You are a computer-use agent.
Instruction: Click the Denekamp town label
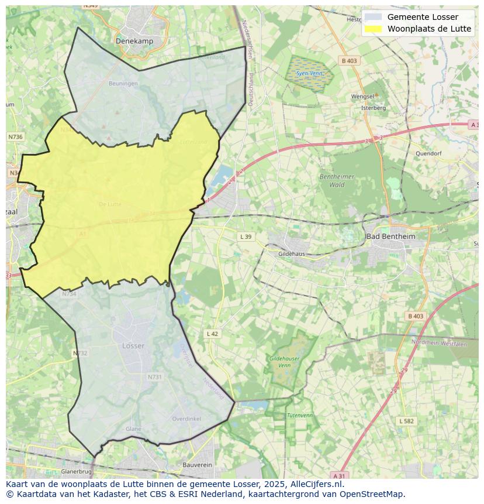pyautogui.click(x=134, y=41)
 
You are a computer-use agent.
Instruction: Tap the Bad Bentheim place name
pyautogui.click(x=390, y=236)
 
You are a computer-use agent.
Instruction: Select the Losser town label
pyautogui.click(x=133, y=346)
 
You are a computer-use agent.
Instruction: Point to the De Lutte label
pyautogui.click(x=110, y=204)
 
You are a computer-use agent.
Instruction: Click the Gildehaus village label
pyautogui.click(x=292, y=254)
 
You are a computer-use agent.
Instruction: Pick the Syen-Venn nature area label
pyautogui.click(x=309, y=74)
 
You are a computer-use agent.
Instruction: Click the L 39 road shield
pyautogui.click(x=246, y=236)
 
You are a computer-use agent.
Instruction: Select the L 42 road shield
pyautogui.click(x=212, y=334)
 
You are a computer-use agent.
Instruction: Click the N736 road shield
pyautogui.click(x=15, y=136)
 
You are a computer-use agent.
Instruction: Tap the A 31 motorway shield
pyautogui.click(x=340, y=475)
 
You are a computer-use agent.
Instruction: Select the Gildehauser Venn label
pyautogui.click(x=284, y=361)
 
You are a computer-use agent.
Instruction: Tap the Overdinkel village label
pyautogui.click(x=186, y=419)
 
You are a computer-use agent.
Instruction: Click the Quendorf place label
pyautogui.click(x=428, y=153)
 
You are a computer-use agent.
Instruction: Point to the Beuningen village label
pyautogui.click(x=123, y=84)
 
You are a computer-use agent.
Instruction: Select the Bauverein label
pyautogui.click(x=197, y=464)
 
